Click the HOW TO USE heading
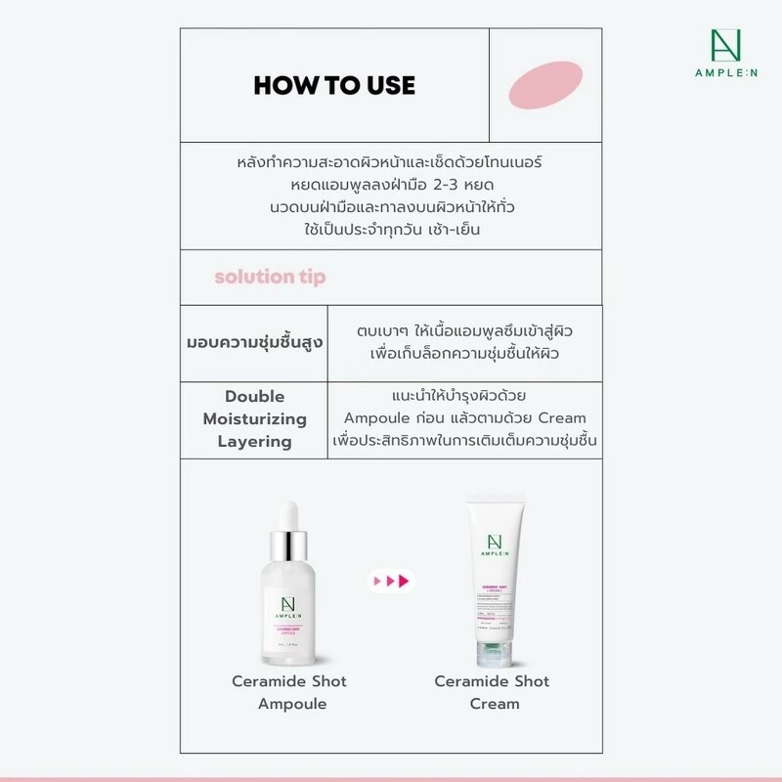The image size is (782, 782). click(334, 85)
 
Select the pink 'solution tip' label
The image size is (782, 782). click(270, 277)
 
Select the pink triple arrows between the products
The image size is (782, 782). click(390, 582)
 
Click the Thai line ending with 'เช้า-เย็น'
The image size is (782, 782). click(391, 231)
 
